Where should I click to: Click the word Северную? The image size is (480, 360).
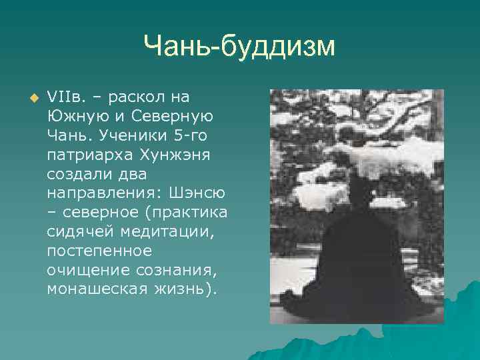click(x=175, y=117)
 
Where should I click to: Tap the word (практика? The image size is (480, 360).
click(x=191, y=213)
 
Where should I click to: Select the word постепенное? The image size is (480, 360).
click(x=100, y=252)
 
